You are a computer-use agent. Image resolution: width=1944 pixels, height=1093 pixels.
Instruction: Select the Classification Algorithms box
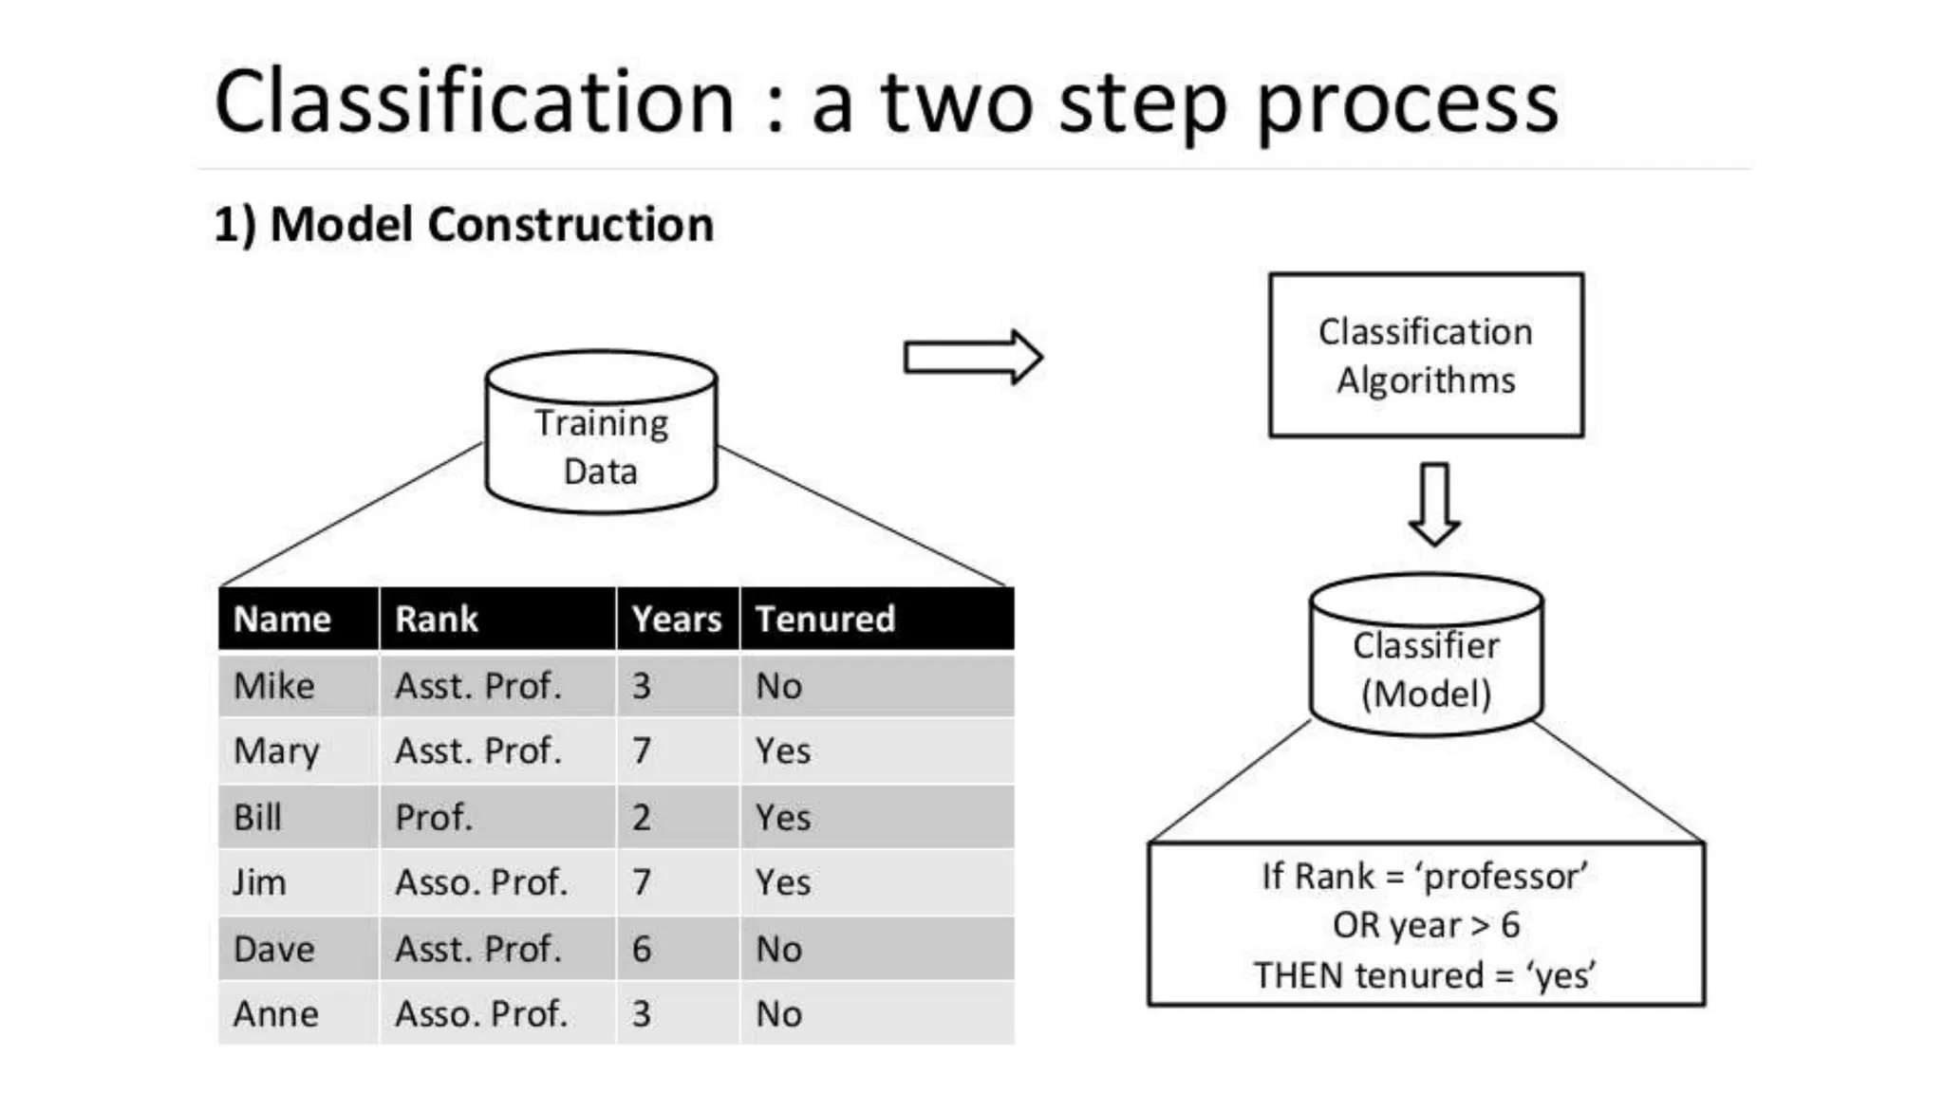click(x=1426, y=356)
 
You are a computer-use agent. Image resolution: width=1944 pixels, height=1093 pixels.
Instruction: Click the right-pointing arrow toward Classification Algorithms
click(x=973, y=358)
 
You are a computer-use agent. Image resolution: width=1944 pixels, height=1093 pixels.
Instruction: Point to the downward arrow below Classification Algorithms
click(x=1434, y=504)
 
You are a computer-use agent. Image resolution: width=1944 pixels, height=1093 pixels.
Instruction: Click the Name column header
click(x=282, y=620)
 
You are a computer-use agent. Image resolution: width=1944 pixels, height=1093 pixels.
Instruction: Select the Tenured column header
click(x=825, y=620)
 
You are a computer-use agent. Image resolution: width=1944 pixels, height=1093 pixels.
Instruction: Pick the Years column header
click(x=677, y=620)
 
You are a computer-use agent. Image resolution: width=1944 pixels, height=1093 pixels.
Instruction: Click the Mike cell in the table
click(x=274, y=686)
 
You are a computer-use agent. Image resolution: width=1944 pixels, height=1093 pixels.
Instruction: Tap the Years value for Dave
click(x=642, y=949)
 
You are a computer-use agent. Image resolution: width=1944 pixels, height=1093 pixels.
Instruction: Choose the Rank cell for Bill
click(x=434, y=817)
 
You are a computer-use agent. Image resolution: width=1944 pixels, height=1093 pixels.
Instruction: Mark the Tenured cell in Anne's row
click(x=779, y=1014)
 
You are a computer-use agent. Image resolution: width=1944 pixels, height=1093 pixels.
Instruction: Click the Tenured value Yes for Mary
click(x=783, y=751)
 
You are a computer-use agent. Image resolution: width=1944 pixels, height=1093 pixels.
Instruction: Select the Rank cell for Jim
click(x=481, y=882)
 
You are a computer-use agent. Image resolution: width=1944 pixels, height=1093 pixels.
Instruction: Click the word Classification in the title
click(x=475, y=102)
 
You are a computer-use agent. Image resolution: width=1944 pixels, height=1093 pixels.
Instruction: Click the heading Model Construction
click(x=491, y=225)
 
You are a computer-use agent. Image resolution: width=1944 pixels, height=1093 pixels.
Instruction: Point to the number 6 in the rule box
click(x=1510, y=925)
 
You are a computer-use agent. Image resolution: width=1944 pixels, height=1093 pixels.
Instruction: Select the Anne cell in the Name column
click(x=276, y=1014)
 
